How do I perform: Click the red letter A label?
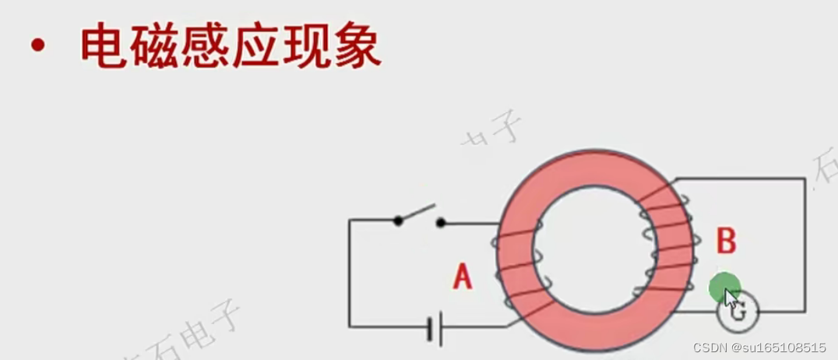tap(463, 277)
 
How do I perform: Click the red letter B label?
tap(726, 241)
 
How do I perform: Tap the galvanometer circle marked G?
tap(738, 312)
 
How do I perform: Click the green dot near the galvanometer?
tap(724, 288)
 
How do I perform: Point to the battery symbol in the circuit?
tap(435, 328)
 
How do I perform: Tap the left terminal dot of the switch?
tap(398, 221)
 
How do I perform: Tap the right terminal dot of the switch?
tap(441, 223)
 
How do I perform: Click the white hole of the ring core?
tap(593, 249)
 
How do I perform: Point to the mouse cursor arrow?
tap(731, 298)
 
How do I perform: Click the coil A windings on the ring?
tap(517, 268)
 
